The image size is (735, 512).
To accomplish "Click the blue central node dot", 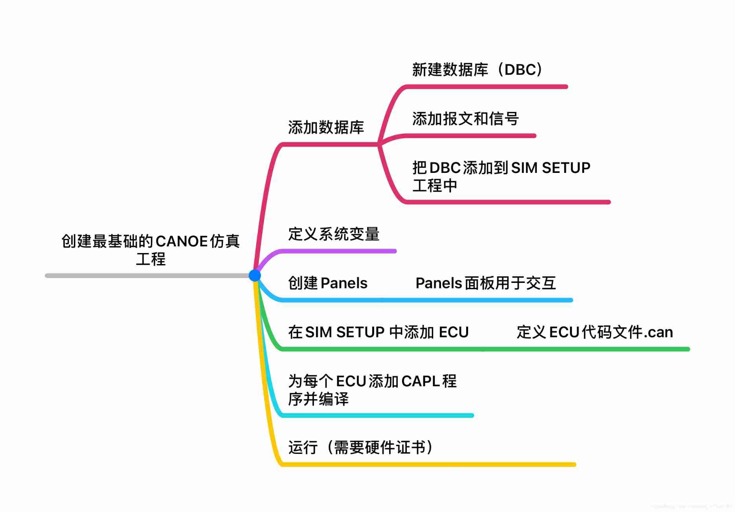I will tap(255, 275).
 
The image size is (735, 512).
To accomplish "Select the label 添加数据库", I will tap(326, 127).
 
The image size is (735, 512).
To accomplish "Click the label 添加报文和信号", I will tap(465, 119).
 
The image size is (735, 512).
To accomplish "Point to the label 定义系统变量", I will tap(334, 234).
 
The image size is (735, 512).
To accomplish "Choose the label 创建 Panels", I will tap(327, 283).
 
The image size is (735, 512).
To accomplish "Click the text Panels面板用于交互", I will tap(485, 283).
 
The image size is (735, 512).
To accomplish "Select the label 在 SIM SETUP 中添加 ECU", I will tap(378, 332).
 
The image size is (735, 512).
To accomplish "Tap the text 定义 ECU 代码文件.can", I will tap(594, 332).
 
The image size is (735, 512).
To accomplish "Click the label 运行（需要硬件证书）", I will tap(361, 447).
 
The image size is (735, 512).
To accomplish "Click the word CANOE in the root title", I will tap(182, 241).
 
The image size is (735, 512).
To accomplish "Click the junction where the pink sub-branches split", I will tap(378, 144).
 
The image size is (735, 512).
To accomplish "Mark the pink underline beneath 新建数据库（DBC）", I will tap(487, 86).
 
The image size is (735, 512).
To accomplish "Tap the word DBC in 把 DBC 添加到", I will tap(445, 168).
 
